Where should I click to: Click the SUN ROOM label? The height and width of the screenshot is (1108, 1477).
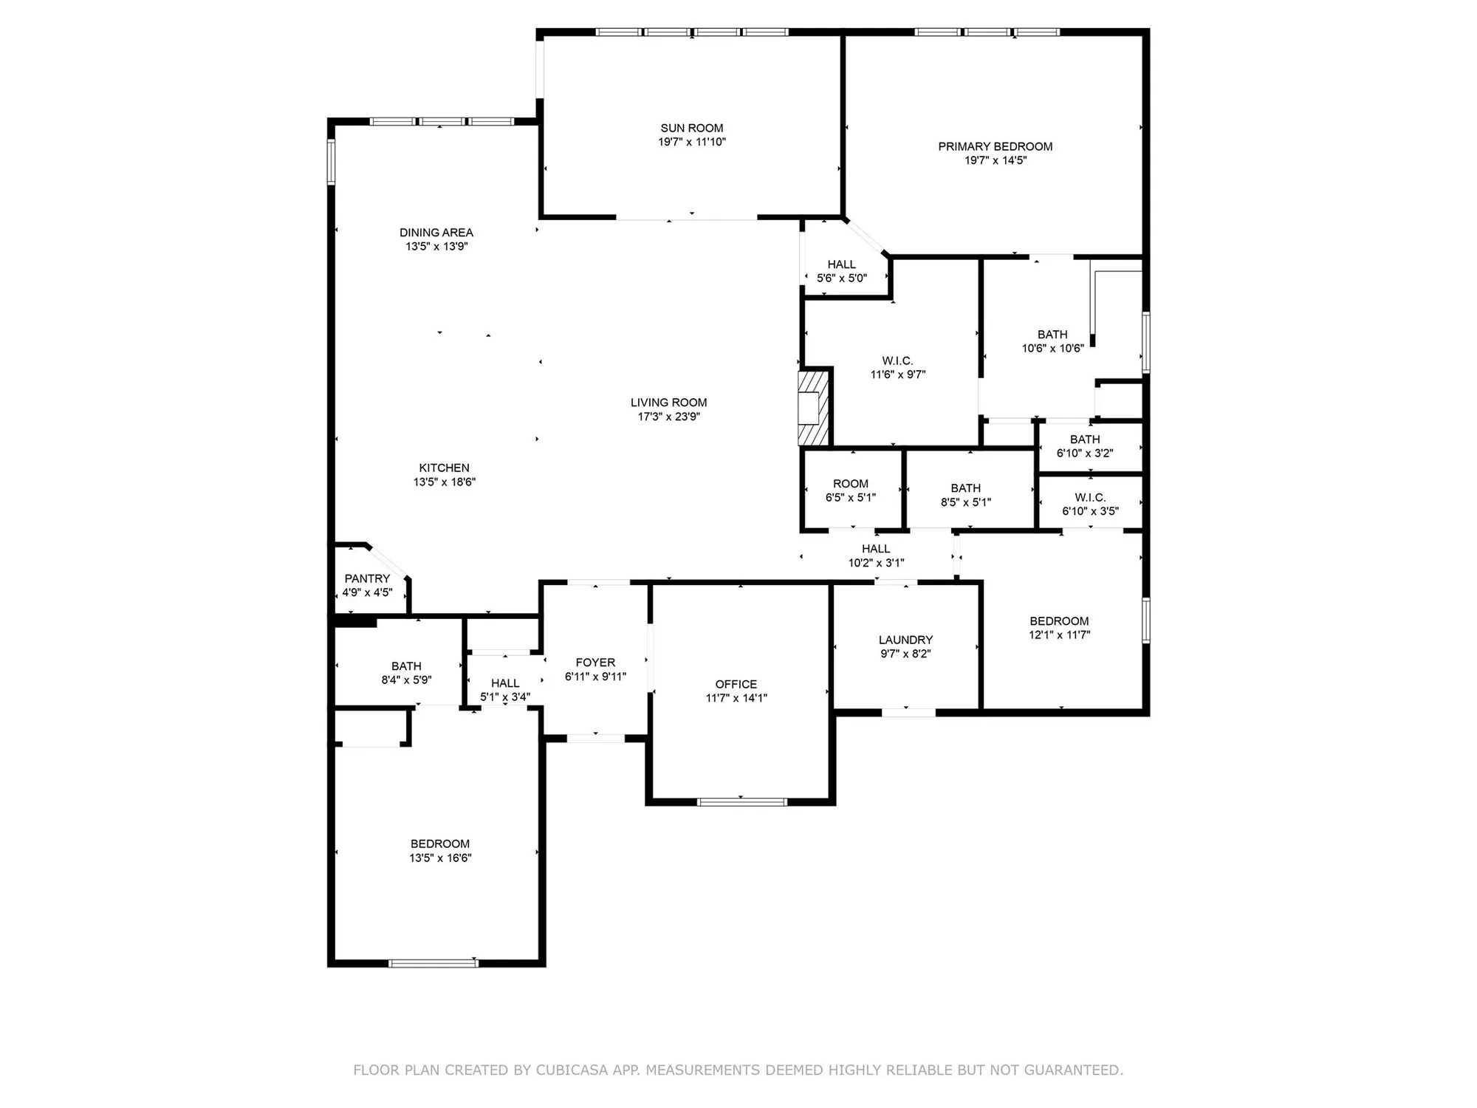pos(691,128)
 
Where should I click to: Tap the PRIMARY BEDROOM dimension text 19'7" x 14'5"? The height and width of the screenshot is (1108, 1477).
pos(995,160)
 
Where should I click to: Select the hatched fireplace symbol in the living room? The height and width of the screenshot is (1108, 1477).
pos(814,408)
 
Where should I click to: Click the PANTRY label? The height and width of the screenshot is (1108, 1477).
pos(367,578)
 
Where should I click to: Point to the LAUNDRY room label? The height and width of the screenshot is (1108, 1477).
pos(905,640)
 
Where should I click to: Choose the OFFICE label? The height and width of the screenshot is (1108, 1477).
pos(736,684)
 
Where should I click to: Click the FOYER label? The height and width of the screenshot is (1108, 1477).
pos(595,663)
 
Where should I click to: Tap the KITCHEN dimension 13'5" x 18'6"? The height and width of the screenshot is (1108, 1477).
pos(444,482)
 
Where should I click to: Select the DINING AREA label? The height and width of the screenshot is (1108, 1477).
pos(436,233)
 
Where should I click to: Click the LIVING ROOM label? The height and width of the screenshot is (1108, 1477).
pos(668,403)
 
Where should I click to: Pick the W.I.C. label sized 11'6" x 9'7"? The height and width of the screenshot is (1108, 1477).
pos(897,360)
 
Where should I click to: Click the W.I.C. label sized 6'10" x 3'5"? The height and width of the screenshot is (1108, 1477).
pos(1089,497)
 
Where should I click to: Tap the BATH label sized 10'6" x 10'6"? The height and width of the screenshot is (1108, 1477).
pos(1052,335)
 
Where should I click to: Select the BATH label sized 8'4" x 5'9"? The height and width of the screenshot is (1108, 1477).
pos(406,666)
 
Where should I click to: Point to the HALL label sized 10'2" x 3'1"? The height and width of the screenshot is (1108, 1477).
pos(875,549)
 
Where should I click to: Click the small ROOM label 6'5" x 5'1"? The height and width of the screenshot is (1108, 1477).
pos(850,484)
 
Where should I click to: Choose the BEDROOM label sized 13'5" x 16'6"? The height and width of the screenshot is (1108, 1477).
pos(440,844)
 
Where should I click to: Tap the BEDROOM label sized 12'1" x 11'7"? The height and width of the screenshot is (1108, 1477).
pos(1059,621)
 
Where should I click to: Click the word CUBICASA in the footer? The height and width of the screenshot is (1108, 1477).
pos(572,1070)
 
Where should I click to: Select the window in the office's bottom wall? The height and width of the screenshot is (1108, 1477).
pos(741,801)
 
